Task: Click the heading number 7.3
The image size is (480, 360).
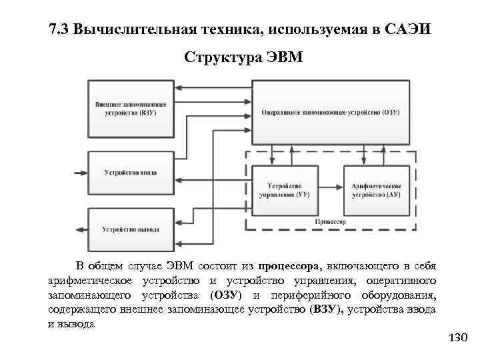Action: click(60, 30)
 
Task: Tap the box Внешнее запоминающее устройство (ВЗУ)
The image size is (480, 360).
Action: click(131, 107)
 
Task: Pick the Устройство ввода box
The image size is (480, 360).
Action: click(131, 173)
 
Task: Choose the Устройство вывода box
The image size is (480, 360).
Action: click(131, 229)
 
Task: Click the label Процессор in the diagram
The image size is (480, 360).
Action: click(331, 221)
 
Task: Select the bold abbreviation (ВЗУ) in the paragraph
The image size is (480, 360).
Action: click(327, 309)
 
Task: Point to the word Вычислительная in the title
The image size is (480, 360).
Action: click(135, 30)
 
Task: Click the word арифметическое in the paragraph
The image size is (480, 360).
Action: click(91, 282)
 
